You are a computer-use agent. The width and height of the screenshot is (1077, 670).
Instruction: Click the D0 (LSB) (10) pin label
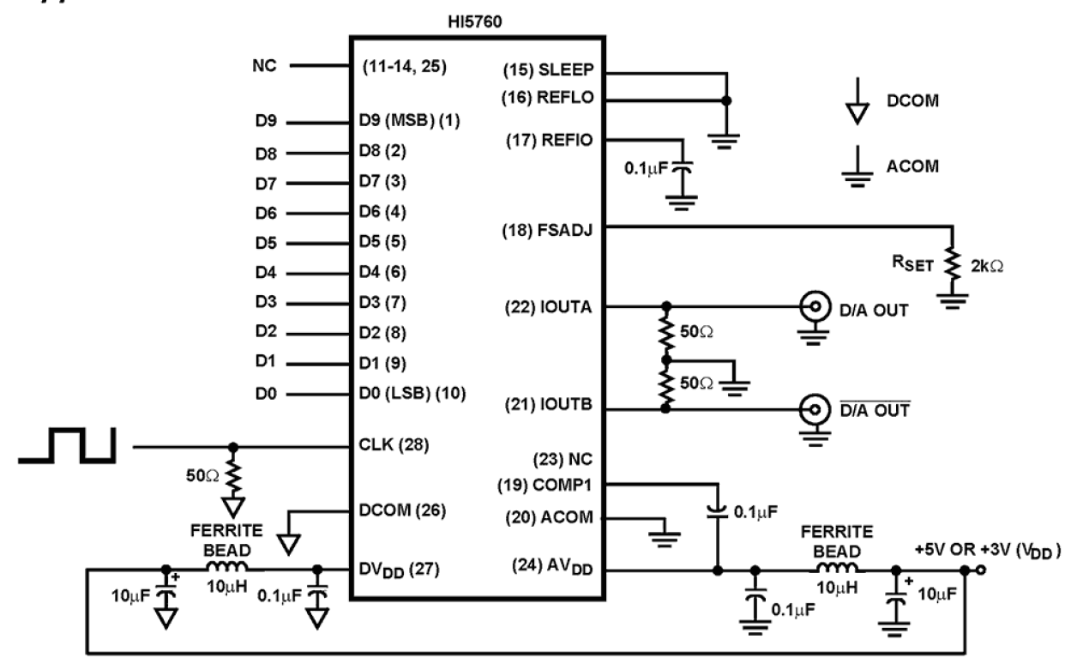click(x=412, y=394)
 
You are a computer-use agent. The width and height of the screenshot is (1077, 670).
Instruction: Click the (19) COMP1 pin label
click(x=546, y=485)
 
